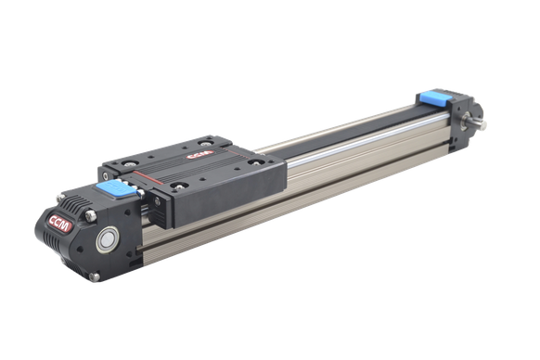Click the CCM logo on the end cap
60,224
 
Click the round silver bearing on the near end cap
108,238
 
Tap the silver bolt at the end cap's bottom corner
94,276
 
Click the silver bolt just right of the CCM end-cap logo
91,215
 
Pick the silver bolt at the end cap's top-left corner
60,198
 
